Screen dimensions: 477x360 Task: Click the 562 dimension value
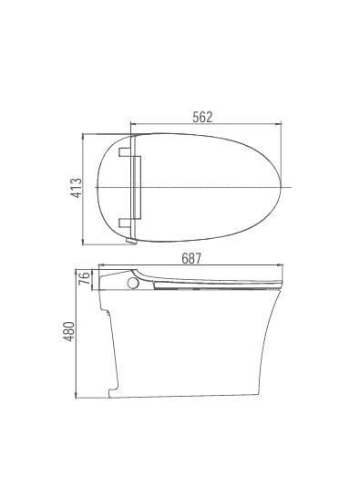click(x=202, y=116)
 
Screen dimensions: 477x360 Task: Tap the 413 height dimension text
click(x=77, y=188)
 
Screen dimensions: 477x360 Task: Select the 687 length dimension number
click(x=191, y=259)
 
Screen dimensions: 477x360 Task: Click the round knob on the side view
click(x=135, y=284)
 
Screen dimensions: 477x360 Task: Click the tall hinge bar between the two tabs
click(x=139, y=186)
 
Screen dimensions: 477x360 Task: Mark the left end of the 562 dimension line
click(x=131, y=125)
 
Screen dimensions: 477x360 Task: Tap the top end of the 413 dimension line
click(x=86, y=135)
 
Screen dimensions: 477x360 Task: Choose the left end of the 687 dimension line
click(x=98, y=268)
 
